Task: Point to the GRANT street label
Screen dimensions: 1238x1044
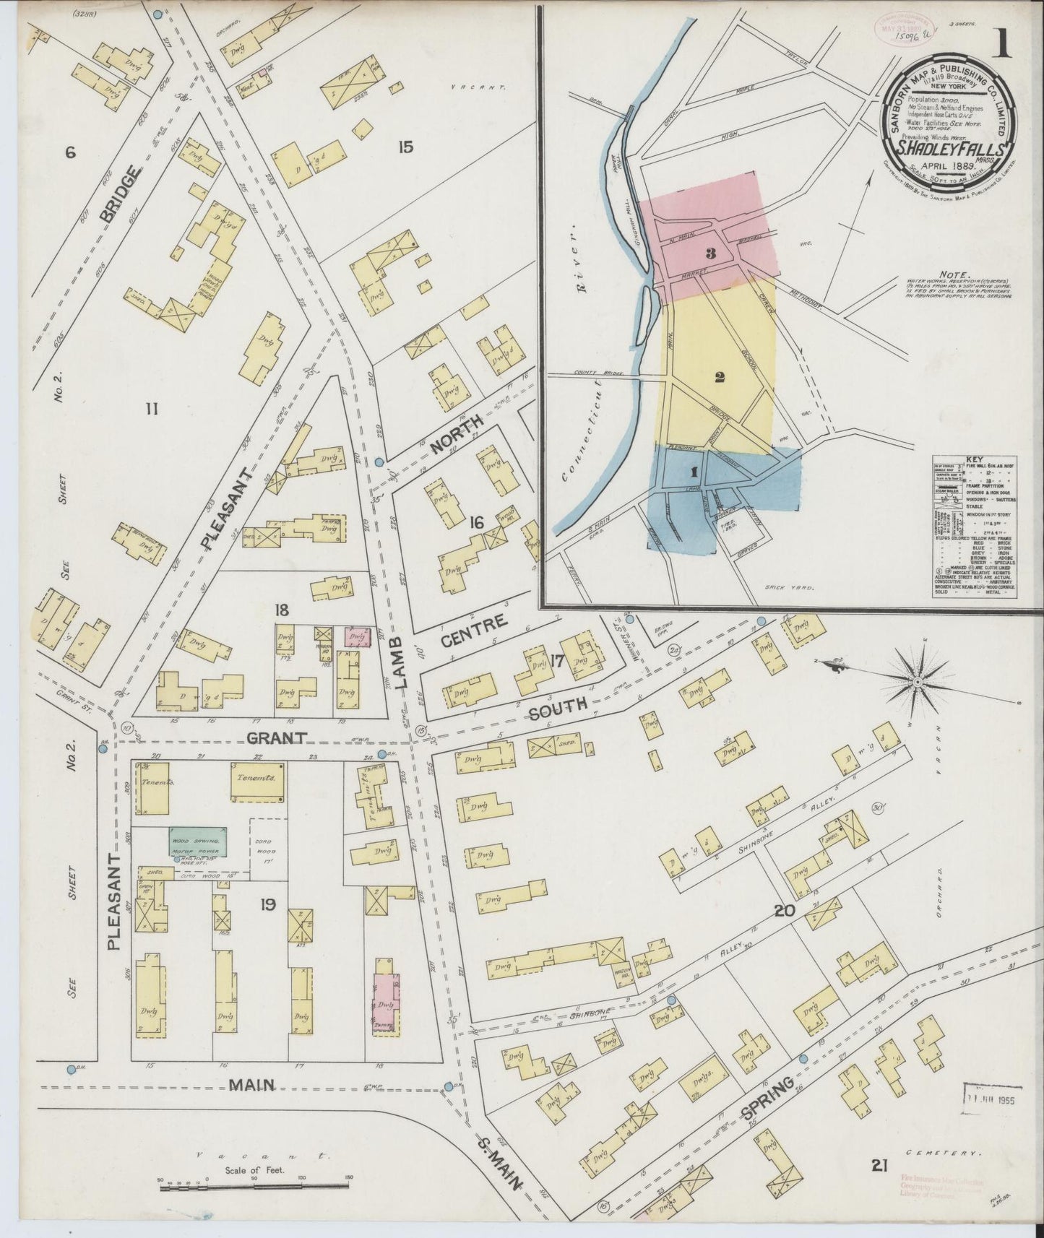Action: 277,738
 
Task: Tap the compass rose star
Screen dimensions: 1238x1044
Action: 916,682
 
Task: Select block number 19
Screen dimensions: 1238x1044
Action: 268,904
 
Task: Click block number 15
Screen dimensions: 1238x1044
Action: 405,147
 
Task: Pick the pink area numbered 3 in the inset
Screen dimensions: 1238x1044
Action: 711,253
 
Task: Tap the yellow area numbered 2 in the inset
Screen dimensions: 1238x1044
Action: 720,377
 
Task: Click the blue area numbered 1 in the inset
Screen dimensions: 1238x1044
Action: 694,472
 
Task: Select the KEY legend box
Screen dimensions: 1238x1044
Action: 976,527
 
